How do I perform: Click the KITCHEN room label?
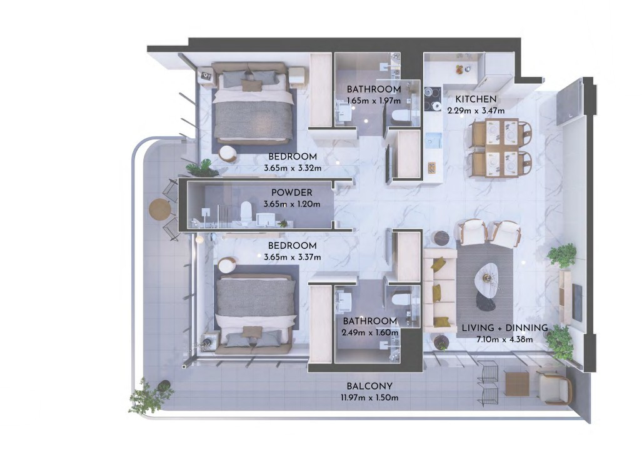click(x=475, y=99)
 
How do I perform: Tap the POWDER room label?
click(x=291, y=193)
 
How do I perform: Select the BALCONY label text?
click(x=369, y=386)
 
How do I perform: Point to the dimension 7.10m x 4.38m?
click(x=504, y=340)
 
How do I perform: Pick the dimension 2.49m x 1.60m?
click(x=369, y=333)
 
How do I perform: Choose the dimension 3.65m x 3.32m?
click(x=293, y=168)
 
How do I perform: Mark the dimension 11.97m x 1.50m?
click(x=369, y=398)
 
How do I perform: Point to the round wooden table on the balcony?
click(x=159, y=209)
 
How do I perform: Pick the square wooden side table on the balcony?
click(x=517, y=383)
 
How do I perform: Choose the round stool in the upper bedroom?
click(x=228, y=154)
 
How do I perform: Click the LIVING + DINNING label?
click(x=504, y=328)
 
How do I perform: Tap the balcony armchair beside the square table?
click(x=554, y=387)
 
